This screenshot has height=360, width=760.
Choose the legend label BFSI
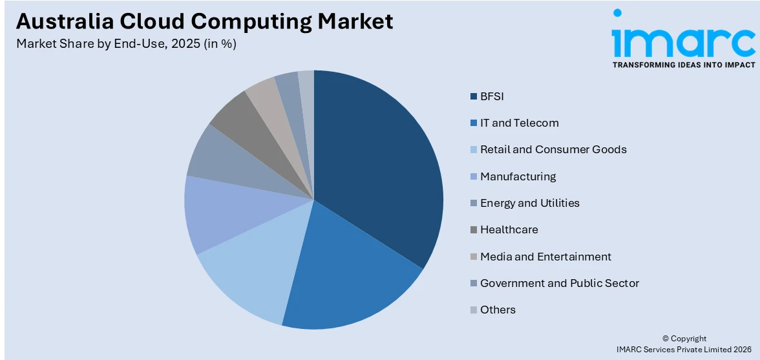coord(491,96)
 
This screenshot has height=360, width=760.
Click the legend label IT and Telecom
coord(519,123)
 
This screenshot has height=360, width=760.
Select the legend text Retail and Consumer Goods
coord(553,149)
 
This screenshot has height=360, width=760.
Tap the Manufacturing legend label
coord(518,176)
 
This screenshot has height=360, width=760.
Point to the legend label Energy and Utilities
coord(529,203)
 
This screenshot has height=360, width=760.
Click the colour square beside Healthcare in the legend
coord(474,230)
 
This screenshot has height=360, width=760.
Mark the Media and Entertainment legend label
coord(545,257)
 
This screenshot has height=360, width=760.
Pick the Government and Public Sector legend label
coord(559,283)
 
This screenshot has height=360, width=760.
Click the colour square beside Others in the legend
coord(474,310)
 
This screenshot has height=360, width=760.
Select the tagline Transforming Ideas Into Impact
coord(683,65)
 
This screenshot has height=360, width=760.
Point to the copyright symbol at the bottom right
coord(666,339)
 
